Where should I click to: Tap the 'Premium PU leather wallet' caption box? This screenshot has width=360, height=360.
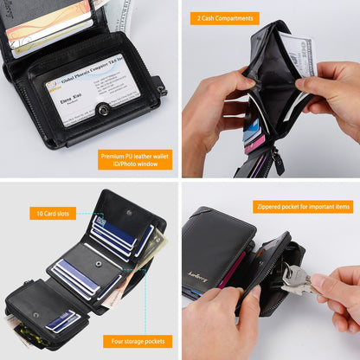tap(134, 159)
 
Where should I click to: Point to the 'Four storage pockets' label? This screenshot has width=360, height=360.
tap(136, 341)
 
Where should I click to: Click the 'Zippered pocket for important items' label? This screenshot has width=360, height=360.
tap(304, 206)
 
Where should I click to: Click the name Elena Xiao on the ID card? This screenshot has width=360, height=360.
tap(72, 100)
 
